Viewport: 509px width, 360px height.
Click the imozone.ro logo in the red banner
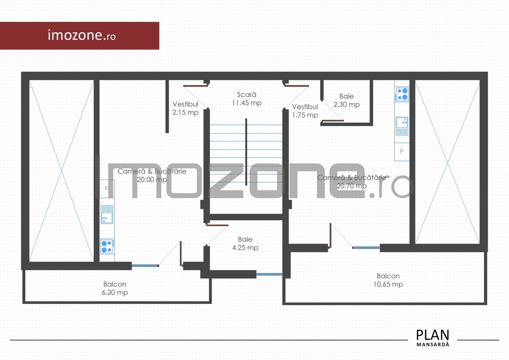click(x=81, y=35)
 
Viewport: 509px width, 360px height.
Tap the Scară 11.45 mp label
click(x=246, y=98)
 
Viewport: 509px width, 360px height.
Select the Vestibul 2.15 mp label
click(x=185, y=108)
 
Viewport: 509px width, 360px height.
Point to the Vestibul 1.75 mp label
click(x=305, y=111)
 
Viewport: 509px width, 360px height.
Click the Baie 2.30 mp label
click(x=347, y=100)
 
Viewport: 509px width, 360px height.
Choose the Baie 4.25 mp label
click(x=245, y=243)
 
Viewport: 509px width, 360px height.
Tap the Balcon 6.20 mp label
click(x=115, y=288)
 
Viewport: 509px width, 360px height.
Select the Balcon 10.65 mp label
click(x=388, y=280)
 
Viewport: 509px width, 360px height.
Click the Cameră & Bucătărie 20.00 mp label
click(x=152, y=175)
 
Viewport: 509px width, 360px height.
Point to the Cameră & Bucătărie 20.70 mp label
click(x=352, y=182)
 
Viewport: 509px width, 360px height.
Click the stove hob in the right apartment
click(x=402, y=94)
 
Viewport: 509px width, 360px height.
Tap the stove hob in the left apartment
click(x=107, y=247)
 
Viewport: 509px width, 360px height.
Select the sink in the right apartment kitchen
click(x=402, y=126)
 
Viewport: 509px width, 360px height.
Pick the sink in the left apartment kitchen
click(x=107, y=214)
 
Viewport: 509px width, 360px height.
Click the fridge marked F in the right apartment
click(x=402, y=152)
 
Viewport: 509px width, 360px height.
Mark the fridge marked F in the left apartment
click(x=107, y=189)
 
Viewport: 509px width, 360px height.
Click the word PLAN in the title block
click(x=433, y=335)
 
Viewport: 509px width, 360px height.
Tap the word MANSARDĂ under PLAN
click(x=433, y=344)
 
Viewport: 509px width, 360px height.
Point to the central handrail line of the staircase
click(x=246, y=152)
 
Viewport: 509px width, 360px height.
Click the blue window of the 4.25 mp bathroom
click(x=269, y=274)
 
